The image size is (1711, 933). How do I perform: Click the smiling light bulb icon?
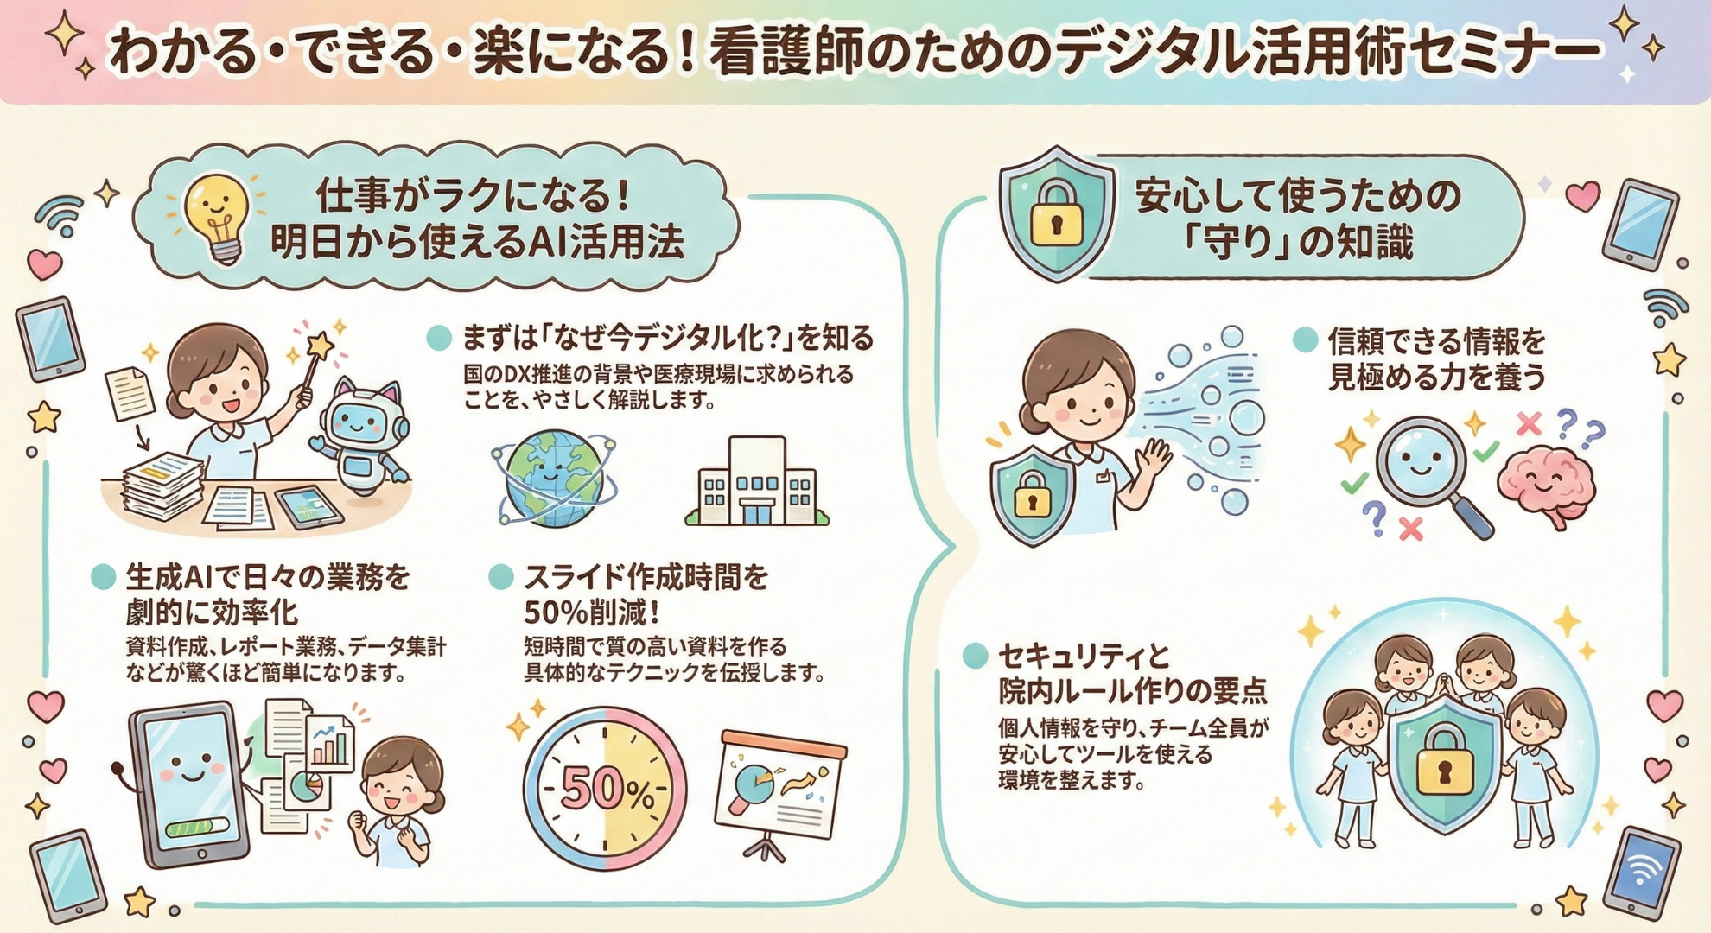tap(217, 215)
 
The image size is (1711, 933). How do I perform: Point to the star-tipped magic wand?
tap(313, 363)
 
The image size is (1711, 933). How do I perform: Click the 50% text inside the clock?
tap(605, 788)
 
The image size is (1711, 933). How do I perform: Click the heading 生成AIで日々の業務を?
tap(268, 577)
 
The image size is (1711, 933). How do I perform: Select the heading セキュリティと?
tap(1084, 657)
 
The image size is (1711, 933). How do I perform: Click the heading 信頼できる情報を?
tap(1436, 342)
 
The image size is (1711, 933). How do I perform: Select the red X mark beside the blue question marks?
tap(1529, 423)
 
